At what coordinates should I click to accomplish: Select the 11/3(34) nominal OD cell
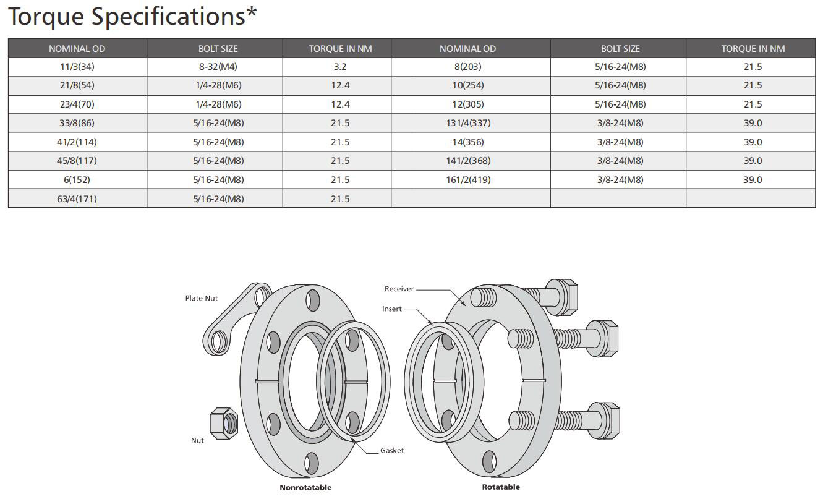(77, 67)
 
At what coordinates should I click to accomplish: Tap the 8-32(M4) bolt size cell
(218, 67)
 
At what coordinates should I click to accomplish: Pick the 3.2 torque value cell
(340, 67)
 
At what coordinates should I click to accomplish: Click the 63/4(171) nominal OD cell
(77, 198)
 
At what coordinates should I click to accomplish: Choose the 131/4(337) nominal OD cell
(468, 123)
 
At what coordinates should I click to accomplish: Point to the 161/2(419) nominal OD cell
(468, 180)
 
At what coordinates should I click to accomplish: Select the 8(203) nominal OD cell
(468, 67)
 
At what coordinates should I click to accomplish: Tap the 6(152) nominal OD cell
(77, 180)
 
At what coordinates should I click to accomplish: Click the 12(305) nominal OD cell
(468, 104)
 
